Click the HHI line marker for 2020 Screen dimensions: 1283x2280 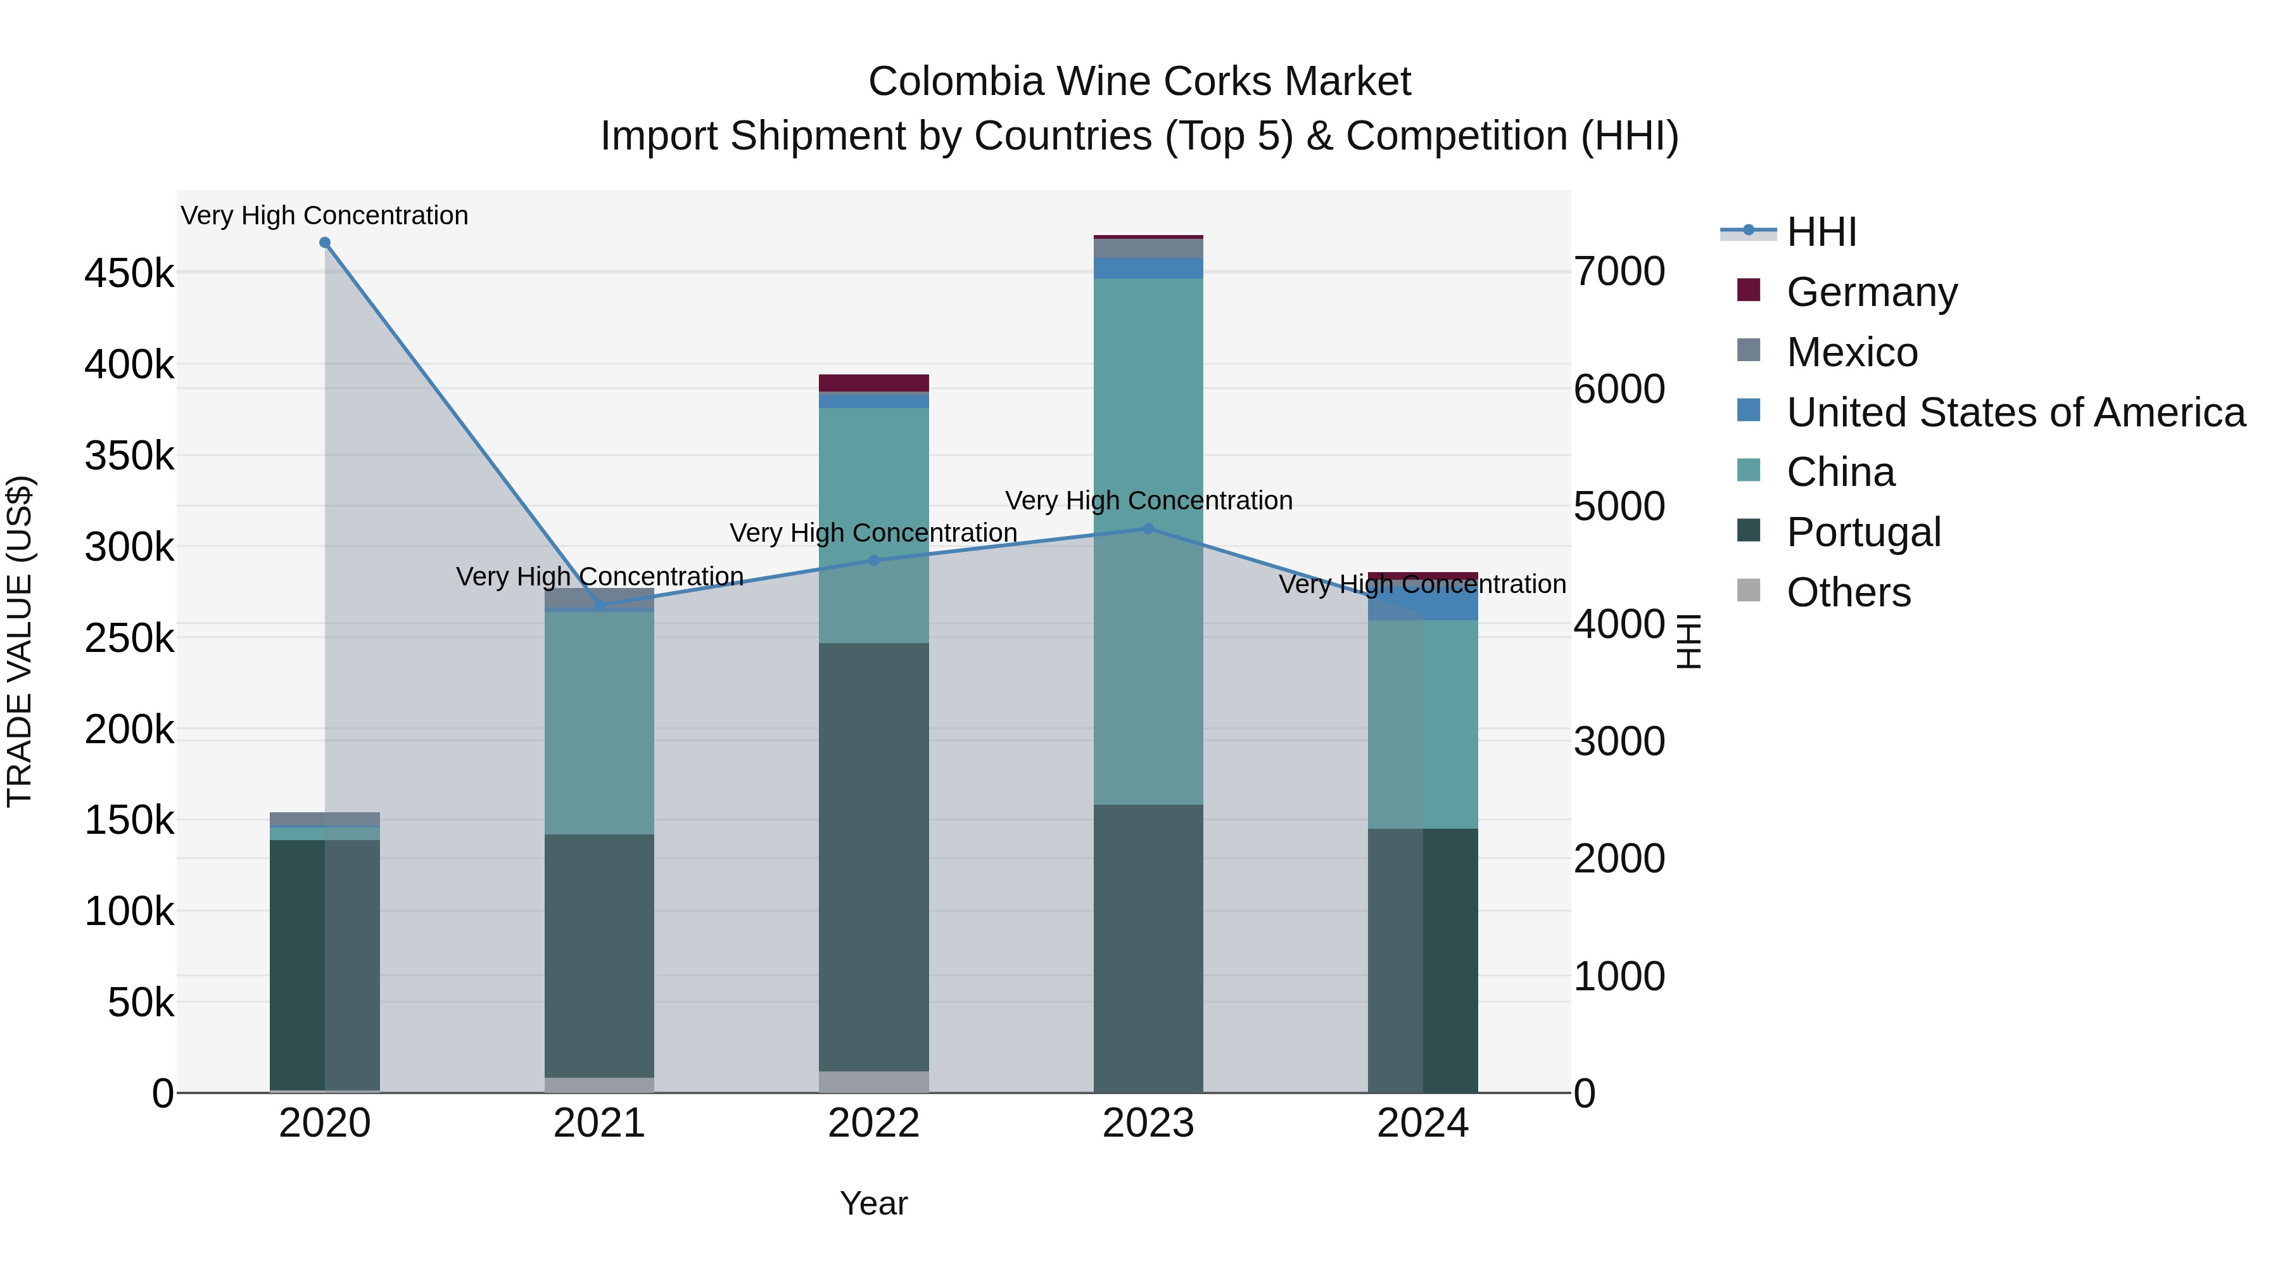click(x=325, y=243)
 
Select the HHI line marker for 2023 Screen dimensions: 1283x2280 click(x=1148, y=528)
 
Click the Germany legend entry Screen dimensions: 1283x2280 click(x=1871, y=292)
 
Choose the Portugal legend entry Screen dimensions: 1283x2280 click(x=1863, y=532)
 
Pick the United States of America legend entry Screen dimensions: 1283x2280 click(x=2015, y=412)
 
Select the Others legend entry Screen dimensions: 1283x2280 click(x=1848, y=592)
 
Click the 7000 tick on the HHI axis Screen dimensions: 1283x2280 click(x=1619, y=272)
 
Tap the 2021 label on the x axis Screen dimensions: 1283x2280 click(x=599, y=1123)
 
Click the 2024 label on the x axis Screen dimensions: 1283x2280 click(x=1422, y=1123)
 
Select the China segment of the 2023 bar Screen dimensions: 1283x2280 click(x=1148, y=540)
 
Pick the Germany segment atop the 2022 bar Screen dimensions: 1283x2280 click(x=873, y=383)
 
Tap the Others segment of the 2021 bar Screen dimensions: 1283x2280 click(x=599, y=1085)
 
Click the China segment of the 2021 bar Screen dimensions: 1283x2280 click(x=599, y=722)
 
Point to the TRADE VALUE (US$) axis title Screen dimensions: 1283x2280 click(x=20, y=641)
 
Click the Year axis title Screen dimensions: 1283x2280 click(x=873, y=1203)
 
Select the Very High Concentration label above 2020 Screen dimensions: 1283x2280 click(x=325, y=215)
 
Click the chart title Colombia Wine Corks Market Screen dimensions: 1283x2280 click(x=1139, y=82)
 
